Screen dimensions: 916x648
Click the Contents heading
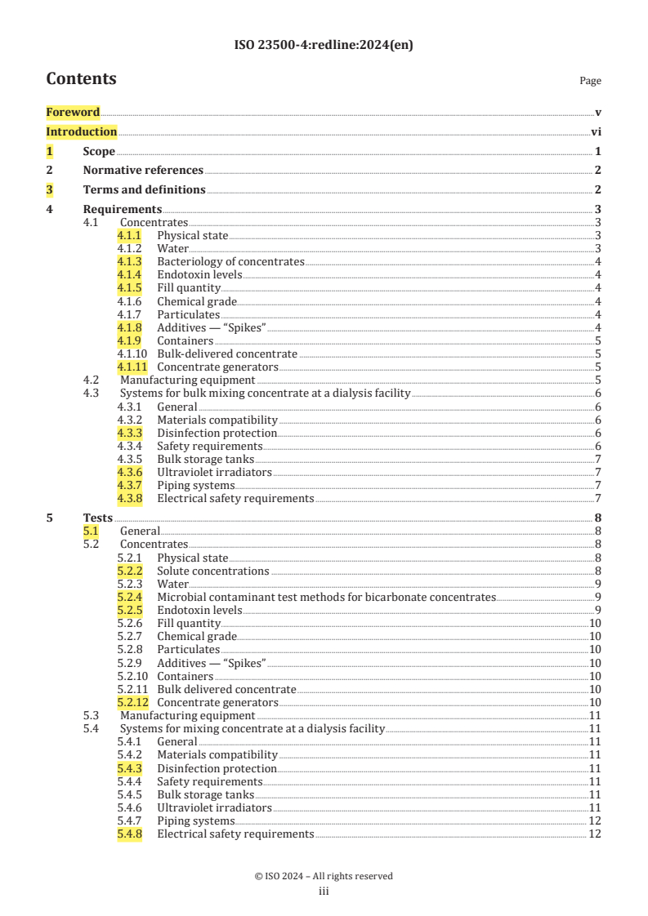(81, 79)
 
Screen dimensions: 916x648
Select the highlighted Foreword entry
(73, 113)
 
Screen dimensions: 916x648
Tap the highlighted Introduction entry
(81, 132)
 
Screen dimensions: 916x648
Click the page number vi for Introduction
(597, 132)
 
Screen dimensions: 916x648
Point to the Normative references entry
(143, 171)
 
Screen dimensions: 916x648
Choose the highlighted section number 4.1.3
(129, 262)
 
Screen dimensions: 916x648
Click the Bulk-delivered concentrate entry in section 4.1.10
(227, 354)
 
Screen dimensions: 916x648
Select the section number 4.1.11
(132, 367)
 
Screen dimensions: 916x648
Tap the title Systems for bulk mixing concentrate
(265, 394)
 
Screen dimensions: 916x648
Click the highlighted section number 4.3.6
(129, 472)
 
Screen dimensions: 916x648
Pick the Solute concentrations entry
(212, 571)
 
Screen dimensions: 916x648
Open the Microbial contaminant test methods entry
(326, 598)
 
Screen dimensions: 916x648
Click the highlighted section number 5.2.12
(132, 703)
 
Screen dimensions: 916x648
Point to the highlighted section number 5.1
(91, 531)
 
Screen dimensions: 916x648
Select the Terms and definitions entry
(144, 190)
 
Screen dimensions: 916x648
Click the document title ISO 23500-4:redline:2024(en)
(324, 46)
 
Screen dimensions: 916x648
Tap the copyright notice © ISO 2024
(324, 876)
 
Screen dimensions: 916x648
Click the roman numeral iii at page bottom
(324, 892)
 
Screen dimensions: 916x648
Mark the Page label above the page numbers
(590, 81)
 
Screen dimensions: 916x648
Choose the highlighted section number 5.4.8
(129, 834)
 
